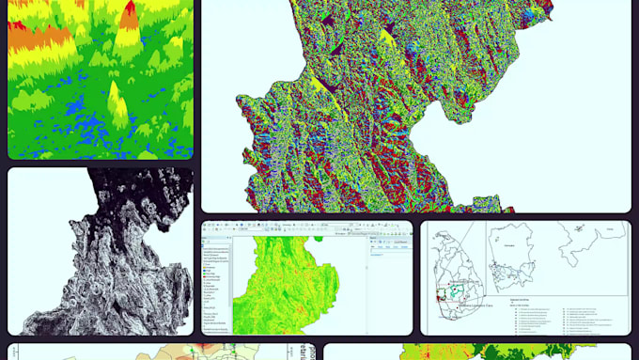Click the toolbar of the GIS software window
(282, 227)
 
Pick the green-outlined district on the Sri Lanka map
(457, 290)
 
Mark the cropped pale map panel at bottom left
(160, 352)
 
